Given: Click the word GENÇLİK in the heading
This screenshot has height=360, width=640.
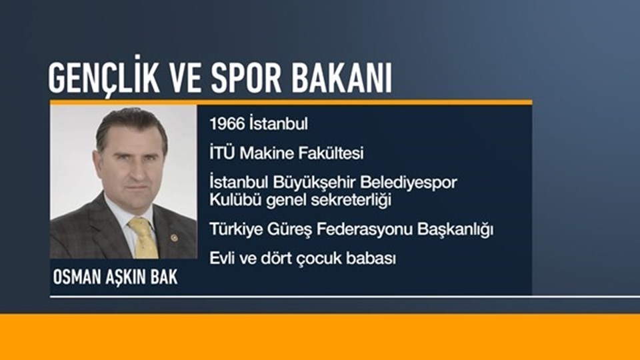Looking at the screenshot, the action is [x=104, y=76].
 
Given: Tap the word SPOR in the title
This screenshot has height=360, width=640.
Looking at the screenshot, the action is [x=246, y=77].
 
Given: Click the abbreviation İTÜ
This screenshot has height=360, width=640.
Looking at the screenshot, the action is [x=223, y=153].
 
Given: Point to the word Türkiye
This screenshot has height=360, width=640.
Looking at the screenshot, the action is [x=236, y=229].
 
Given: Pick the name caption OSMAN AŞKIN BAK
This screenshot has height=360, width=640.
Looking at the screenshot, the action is [x=115, y=277].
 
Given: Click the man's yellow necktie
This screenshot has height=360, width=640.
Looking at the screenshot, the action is [x=144, y=237].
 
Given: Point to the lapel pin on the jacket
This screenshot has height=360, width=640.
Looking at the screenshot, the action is [x=174, y=237].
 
